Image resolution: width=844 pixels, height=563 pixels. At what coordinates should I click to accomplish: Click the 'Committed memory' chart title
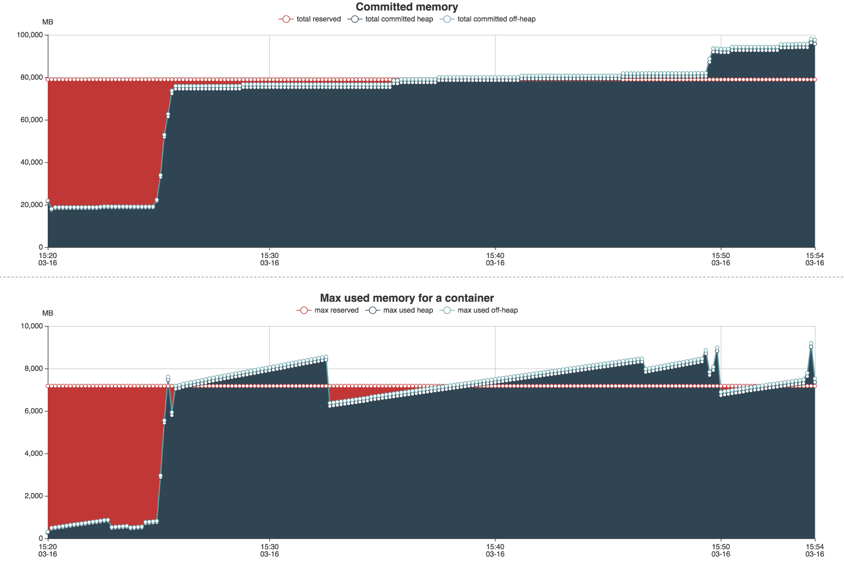[x=407, y=7]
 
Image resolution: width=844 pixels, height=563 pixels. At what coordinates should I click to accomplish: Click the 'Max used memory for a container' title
[x=407, y=298]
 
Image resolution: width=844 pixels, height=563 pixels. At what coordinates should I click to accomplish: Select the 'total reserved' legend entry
[x=310, y=19]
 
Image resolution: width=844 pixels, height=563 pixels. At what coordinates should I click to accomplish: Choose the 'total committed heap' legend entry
[x=390, y=19]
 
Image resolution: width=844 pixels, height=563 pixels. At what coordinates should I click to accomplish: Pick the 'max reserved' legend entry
[x=328, y=310]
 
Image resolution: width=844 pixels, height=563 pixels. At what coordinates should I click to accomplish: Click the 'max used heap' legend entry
[x=399, y=310]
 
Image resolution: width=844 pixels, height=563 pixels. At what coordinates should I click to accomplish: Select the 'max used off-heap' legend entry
[x=479, y=310]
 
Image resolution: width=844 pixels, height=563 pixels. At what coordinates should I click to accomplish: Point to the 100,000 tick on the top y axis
[x=30, y=35]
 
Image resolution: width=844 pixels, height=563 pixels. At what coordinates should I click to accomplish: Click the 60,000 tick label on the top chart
[x=32, y=120]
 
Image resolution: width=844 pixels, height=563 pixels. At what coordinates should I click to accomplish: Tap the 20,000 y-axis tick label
[x=32, y=205]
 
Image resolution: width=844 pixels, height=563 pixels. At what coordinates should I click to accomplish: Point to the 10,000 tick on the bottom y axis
[x=32, y=326]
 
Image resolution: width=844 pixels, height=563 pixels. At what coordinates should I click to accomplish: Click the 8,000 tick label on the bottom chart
[x=33, y=368]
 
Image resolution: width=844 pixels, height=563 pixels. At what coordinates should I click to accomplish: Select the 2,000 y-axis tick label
[x=33, y=496]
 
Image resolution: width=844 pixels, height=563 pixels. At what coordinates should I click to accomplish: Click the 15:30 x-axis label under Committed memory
[x=269, y=259]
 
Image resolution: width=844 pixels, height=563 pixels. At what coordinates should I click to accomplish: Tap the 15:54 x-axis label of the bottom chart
[x=814, y=550]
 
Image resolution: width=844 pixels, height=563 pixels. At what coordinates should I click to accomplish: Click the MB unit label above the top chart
[x=48, y=22]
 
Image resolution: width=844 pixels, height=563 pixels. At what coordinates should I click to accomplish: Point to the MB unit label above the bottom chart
[x=48, y=313]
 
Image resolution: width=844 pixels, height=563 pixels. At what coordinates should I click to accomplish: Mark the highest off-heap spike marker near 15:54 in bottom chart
[x=811, y=343]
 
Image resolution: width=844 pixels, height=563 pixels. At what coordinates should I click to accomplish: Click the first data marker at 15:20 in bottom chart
[x=48, y=532]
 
